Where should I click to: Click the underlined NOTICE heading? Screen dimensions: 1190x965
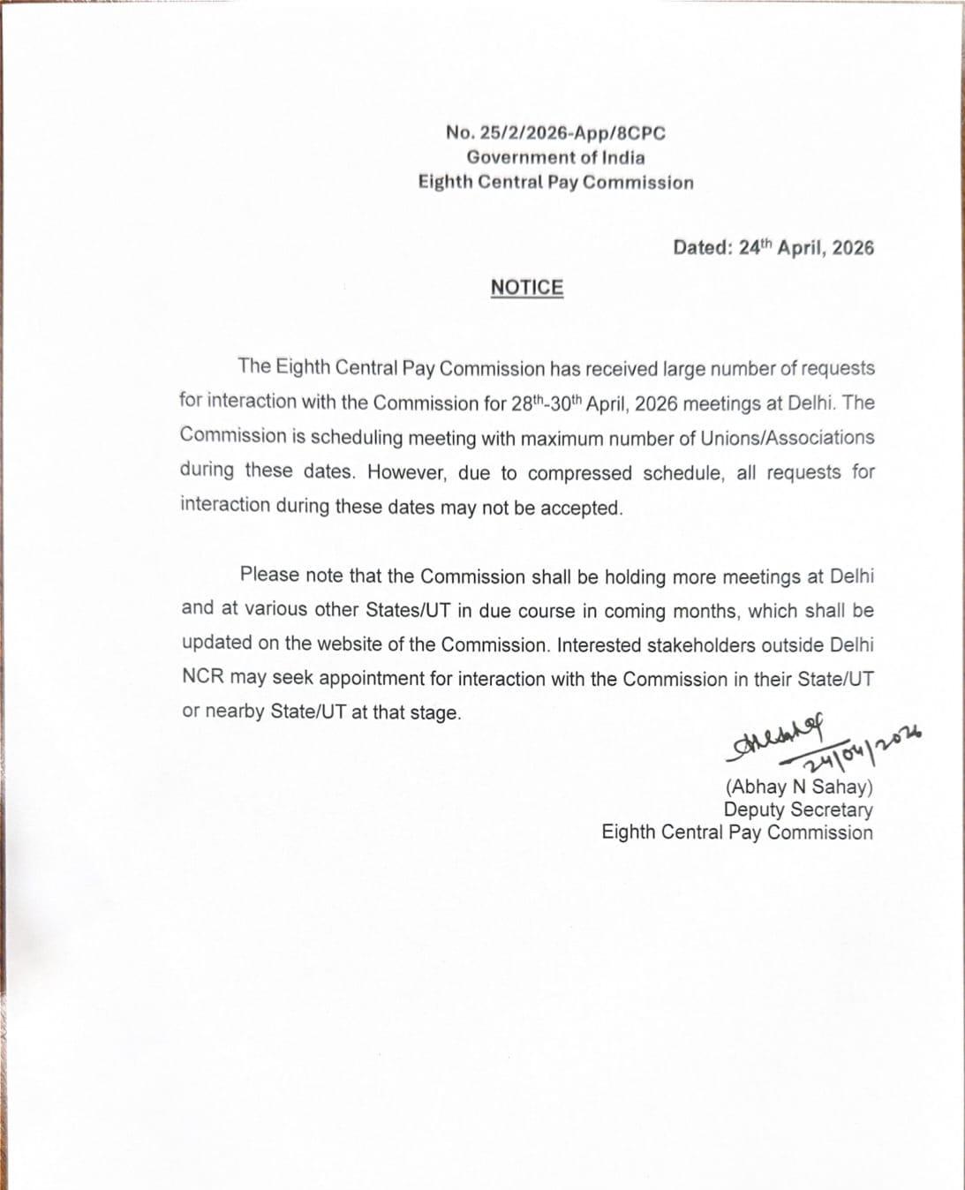point(527,288)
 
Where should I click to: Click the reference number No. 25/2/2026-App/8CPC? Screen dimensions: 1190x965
point(555,133)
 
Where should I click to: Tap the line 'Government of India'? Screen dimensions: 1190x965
point(555,158)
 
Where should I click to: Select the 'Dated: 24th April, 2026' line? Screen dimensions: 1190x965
point(773,247)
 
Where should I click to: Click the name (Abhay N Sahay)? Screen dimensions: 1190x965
point(799,787)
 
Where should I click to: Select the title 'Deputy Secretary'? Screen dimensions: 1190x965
point(798,810)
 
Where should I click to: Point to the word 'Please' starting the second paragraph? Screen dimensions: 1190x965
point(269,575)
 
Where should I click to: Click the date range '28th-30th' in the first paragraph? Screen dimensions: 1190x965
point(547,403)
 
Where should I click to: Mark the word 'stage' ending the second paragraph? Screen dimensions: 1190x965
point(436,713)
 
